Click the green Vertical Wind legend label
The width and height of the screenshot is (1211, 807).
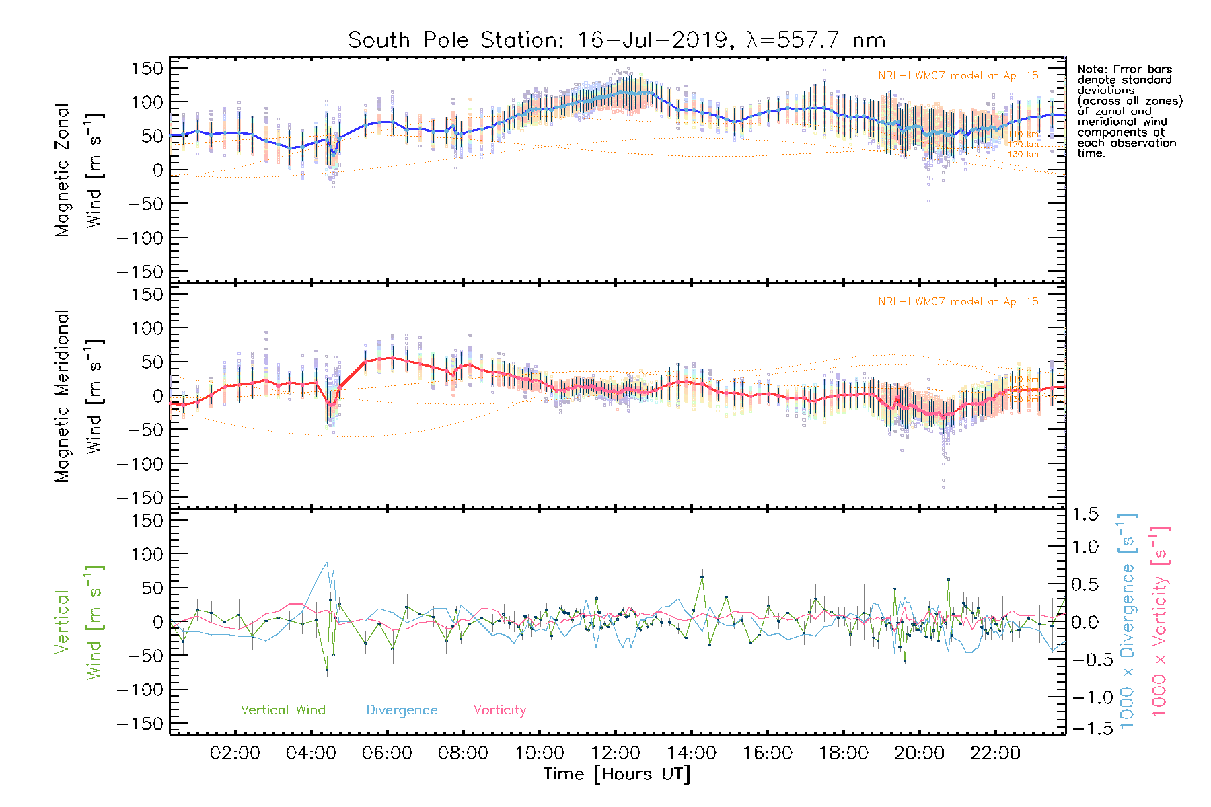point(283,709)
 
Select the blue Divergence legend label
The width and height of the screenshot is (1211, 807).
point(402,709)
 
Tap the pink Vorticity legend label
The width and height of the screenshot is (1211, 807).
point(499,709)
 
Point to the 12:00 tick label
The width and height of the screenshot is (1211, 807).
point(616,753)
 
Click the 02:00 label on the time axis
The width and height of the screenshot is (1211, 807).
point(235,753)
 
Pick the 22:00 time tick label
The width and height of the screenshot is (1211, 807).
point(995,753)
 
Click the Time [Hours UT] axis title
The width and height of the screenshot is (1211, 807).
point(617,774)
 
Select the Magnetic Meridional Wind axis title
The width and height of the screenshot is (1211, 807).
point(79,396)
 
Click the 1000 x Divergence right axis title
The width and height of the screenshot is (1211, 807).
point(1127,621)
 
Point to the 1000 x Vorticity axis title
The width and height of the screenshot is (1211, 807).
point(1159,621)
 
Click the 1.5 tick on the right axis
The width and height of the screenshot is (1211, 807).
point(1085,515)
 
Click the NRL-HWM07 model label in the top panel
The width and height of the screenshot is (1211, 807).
point(958,75)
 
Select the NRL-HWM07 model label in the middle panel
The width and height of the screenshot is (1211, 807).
point(958,301)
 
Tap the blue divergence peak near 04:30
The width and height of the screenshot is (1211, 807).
point(327,562)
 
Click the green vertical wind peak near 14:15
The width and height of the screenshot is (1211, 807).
point(702,577)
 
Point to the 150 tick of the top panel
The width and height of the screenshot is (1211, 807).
point(147,68)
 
